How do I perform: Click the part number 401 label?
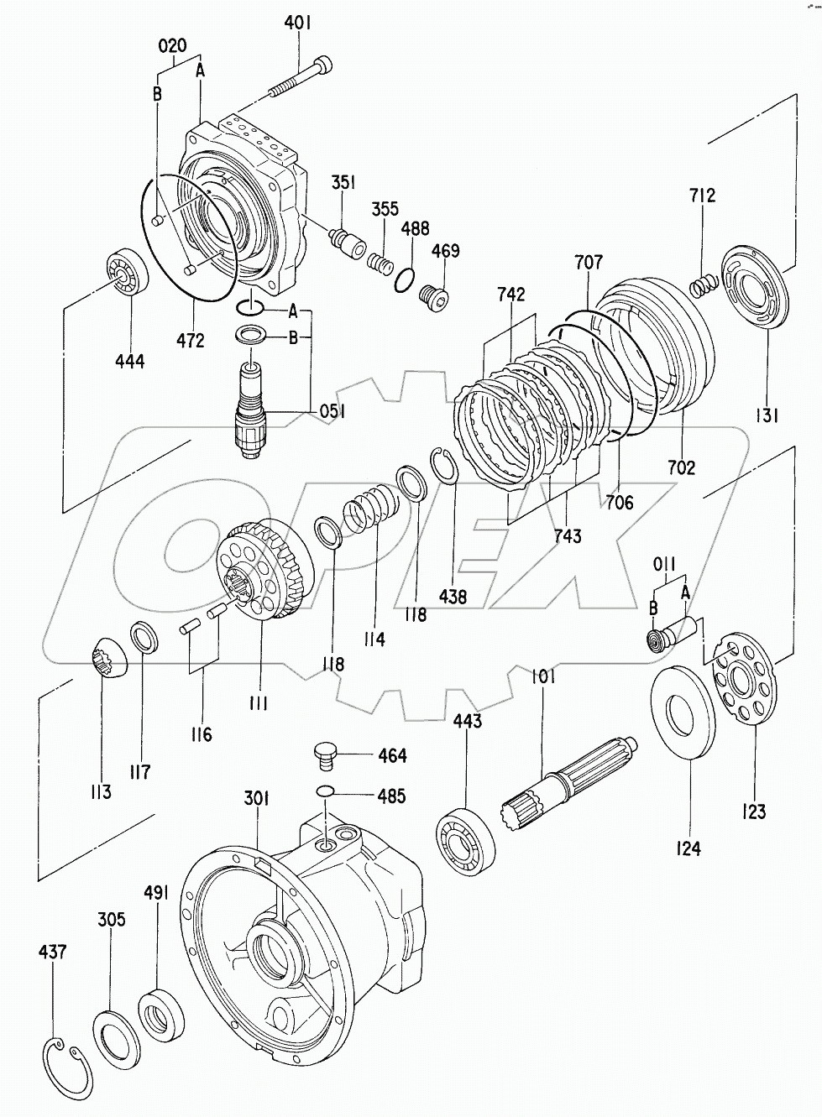(297, 23)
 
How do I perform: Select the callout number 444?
(130, 361)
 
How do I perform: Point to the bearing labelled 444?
(127, 274)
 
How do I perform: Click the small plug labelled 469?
(437, 295)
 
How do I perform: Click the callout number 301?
(256, 799)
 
